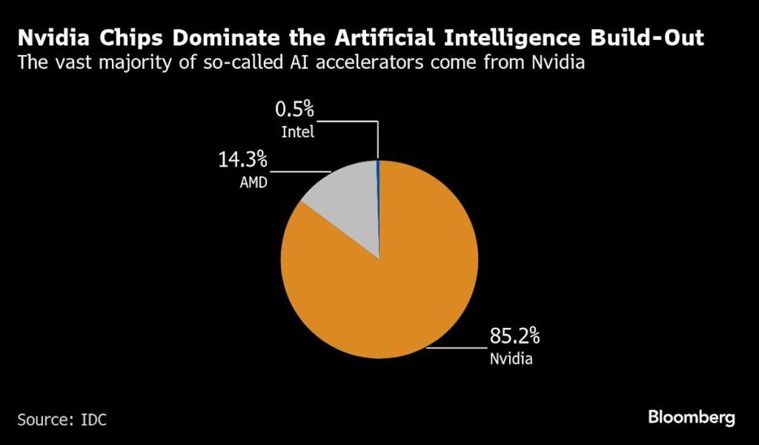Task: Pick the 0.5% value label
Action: click(x=295, y=111)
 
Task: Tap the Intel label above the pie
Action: click(x=297, y=133)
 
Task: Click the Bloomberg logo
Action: click(x=692, y=418)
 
